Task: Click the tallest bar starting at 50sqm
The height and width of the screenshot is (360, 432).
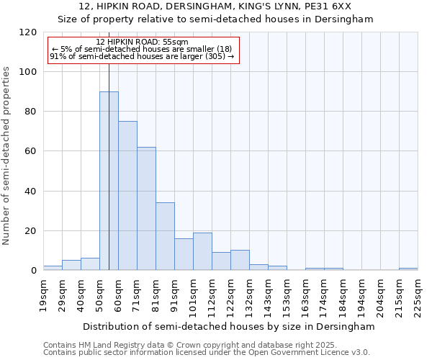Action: [x=109, y=181]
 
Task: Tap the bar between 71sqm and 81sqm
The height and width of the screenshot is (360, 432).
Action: [x=146, y=209]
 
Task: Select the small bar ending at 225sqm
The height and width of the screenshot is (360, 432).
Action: [x=408, y=269]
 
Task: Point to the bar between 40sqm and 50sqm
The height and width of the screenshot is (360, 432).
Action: [x=90, y=264]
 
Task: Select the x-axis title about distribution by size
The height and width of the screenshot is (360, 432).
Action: [x=229, y=326]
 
